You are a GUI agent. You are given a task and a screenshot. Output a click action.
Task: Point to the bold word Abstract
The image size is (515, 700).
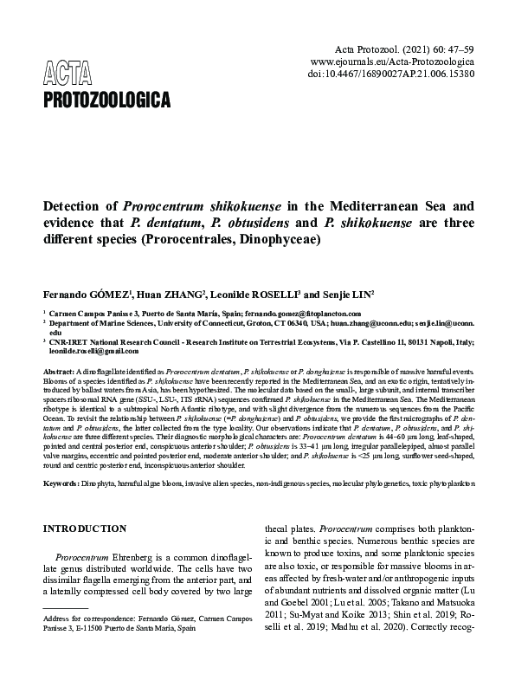coord(58,371)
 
